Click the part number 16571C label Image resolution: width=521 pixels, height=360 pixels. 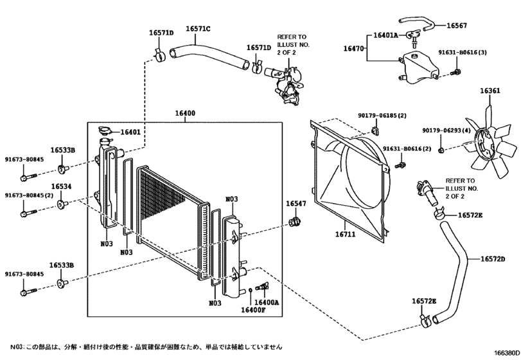click(199, 29)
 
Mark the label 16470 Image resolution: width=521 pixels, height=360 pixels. click(353, 48)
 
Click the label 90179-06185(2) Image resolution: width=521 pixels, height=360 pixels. click(382, 116)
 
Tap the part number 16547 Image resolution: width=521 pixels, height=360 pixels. click(296, 204)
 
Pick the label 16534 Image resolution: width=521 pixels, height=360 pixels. click(61, 186)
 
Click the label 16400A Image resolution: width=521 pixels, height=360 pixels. click(267, 302)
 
